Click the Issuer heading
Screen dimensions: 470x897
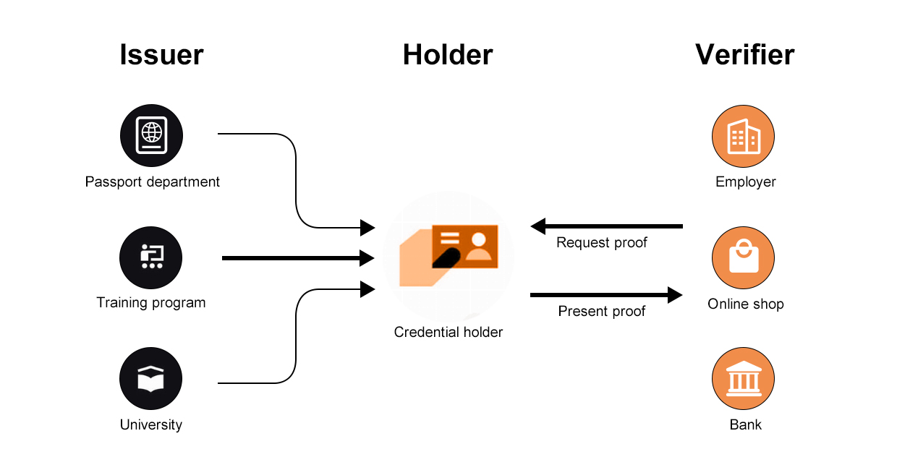click(x=161, y=55)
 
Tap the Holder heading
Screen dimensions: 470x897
click(x=448, y=55)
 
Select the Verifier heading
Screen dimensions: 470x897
click(x=744, y=55)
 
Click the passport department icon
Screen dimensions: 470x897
click(x=151, y=136)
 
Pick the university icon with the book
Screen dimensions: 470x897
click(x=151, y=379)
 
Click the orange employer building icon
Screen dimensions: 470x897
click(x=743, y=136)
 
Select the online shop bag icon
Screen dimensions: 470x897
click(x=743, y=258)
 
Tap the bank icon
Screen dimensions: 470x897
click(x=743, y=379)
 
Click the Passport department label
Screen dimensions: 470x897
click(x=153, y=181)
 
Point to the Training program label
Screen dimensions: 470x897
click(x=151, y=303)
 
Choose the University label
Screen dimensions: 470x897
click(x=151, y=424)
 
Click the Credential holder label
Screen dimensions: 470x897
click(x=448, y=333)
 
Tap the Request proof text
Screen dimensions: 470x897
click(x=601, y=243)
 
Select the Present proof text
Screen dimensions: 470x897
click(x=601, y=312)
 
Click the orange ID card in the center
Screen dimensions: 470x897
click(x=464, y=246)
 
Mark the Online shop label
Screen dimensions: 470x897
click(x=745, y=304)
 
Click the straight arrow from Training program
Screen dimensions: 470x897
click(x=297, y=258)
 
